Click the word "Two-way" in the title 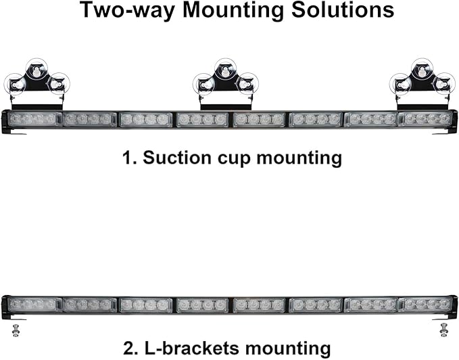(127, 11)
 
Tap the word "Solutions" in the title (343, 10)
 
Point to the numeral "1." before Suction (130, 158)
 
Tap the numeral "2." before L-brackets (131, 348)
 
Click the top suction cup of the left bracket (37, 69)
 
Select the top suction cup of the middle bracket (225, 69)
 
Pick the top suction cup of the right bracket (422, 69)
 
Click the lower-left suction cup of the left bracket (14, 84)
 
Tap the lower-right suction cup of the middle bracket (247, 83)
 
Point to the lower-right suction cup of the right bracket (444, 83)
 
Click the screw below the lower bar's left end (16, 330)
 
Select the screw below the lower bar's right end (444, 330)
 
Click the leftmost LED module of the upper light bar (34, 119)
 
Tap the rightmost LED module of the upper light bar (425, 119)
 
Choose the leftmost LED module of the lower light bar (34, 305)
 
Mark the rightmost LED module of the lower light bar (425, 305)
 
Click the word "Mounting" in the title (233, 11)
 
